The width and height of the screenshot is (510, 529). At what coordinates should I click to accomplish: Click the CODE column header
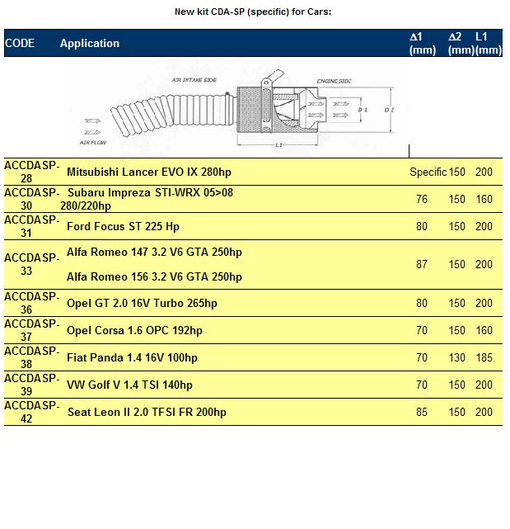20,43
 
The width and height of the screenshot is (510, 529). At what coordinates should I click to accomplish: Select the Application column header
90,43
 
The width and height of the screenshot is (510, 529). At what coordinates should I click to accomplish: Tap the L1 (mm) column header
487,43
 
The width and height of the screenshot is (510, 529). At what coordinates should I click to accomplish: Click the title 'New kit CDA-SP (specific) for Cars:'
253,12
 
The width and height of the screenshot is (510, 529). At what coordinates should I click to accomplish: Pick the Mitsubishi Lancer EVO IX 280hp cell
143,172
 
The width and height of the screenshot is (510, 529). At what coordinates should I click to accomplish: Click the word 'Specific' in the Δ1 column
428,172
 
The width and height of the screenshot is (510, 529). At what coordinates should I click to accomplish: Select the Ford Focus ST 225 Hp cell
123,226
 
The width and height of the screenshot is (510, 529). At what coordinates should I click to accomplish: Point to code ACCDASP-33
30,264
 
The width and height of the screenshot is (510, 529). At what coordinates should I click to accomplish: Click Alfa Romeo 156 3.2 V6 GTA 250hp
154,276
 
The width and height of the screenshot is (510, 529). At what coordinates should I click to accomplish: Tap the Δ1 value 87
422,264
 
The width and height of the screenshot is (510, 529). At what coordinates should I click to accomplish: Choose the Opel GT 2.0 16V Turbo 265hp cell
142,303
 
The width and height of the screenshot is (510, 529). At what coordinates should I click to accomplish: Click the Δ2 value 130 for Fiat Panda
456,357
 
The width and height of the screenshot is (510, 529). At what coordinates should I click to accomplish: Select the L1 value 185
484,357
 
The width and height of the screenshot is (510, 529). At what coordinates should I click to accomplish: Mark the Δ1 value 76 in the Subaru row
422,199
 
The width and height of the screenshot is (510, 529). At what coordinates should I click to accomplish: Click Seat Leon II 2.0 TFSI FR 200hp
147,412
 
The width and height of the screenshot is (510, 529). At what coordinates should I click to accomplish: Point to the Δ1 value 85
422,412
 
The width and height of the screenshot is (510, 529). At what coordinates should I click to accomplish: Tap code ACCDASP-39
30,385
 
